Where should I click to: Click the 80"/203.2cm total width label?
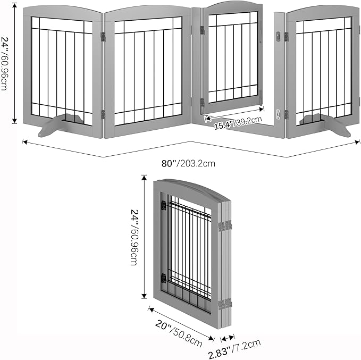click(188, 163)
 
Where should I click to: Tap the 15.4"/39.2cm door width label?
click(238, 123)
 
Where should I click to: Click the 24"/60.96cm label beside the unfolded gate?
click(4, 63)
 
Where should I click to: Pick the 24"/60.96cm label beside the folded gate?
click(134, 237)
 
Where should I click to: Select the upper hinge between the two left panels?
click(103, 37)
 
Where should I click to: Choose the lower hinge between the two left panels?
click(103, 114)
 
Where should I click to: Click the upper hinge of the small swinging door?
click(202, 30)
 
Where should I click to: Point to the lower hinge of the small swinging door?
click(202, 103)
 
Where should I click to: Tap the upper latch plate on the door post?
click(279, 36)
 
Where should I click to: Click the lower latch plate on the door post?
click(279, 114)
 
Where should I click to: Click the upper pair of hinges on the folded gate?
click(225, 225)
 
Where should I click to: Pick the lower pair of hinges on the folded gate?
click(225, 304)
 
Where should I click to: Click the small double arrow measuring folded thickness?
click(228, 338)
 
